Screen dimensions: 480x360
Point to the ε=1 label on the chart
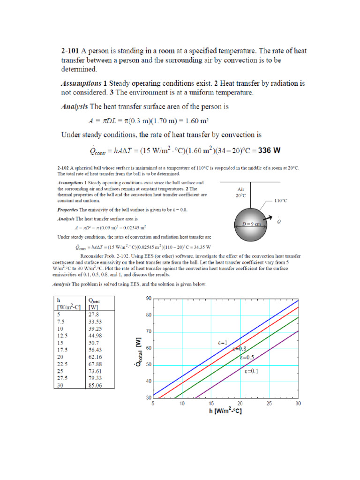(222, 343)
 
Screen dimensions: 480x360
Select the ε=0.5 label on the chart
(247, 357)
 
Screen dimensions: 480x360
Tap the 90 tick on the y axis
(148, 299)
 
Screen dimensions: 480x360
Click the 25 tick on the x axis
(269, 403)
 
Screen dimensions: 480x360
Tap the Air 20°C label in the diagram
(241, 193)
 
